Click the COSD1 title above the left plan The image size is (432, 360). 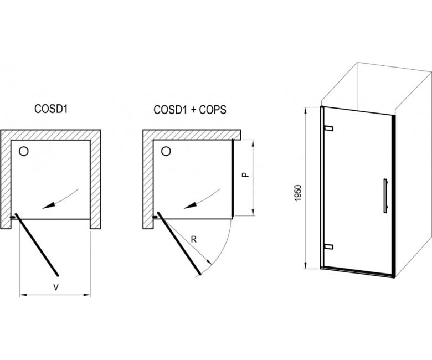tap(51, 109)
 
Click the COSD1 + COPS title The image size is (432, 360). tap(190, 110)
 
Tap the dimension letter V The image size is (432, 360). tap(56, 287)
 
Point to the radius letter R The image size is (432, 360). tap(194, 239)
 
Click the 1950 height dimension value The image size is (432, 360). tap(298, 193)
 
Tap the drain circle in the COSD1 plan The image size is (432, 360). tap(24, 151)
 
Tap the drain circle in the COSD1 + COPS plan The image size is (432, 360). tap(166, 151)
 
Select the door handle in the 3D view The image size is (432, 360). tap(385, 196)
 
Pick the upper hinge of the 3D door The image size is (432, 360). tap(329, 128)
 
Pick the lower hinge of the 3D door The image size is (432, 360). tap(329, 247)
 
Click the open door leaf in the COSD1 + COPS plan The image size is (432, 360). tap(179, 243)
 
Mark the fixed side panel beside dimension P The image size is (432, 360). tap(233, 178)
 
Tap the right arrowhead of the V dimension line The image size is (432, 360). tap(87, 295)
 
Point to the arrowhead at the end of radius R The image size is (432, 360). tap(209, 261)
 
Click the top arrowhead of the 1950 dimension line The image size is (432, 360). tap(306, 110)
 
